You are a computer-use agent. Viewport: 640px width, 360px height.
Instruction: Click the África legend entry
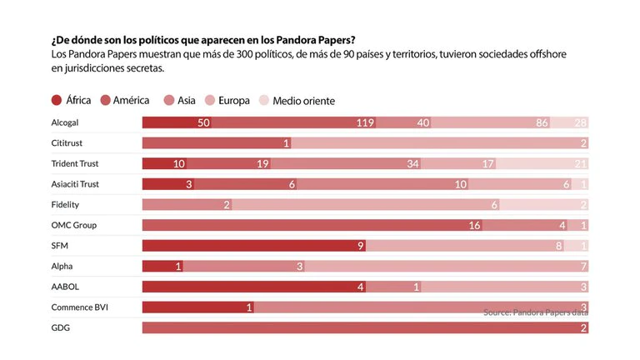click(x=71, y=101)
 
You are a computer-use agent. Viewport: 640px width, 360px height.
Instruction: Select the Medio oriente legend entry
click(x=297, y=101)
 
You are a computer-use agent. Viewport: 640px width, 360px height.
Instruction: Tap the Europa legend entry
click(x=226, y=101)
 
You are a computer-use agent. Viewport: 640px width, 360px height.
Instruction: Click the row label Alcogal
click(x=65, y=122)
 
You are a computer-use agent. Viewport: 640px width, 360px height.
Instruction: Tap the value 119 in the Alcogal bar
click(x=364, y=123)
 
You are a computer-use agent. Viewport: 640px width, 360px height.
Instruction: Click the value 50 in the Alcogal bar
click(x=203, y=123)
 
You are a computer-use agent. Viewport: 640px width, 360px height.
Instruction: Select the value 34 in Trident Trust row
click(x=413, y=164)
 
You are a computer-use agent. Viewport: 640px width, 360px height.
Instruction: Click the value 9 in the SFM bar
click(x=360, y=246)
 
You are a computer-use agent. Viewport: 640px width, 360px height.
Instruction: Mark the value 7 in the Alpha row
click(x=583, y=267)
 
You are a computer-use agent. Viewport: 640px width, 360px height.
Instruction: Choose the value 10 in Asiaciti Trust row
click(x=461, y=185)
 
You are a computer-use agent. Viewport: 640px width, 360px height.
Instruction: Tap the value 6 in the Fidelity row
click(x=494, y=205)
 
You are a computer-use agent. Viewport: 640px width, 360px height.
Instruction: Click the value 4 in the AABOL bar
click(x=361, y=287)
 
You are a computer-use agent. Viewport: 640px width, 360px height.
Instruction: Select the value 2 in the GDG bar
click(x=583, y=328)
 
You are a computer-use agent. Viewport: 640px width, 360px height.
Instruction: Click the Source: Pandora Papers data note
click(x=536, y=312)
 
